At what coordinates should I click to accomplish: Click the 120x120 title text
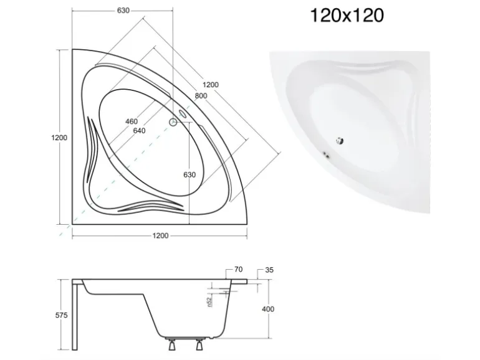click(347, 16)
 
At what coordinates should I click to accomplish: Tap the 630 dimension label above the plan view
click(123, 11)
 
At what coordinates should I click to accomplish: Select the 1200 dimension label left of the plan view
click(59, 138)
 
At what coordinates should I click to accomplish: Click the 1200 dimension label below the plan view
click(160, 235)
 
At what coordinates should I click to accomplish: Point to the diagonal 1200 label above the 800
click(211, 85)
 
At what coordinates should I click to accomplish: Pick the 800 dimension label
click(201, 96)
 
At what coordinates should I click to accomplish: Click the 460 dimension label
click(132, 121)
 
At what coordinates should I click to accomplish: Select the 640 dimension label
click(139, 131)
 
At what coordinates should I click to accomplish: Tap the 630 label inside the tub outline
click(190, 174)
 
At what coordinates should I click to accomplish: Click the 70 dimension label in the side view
click(239, 270)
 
